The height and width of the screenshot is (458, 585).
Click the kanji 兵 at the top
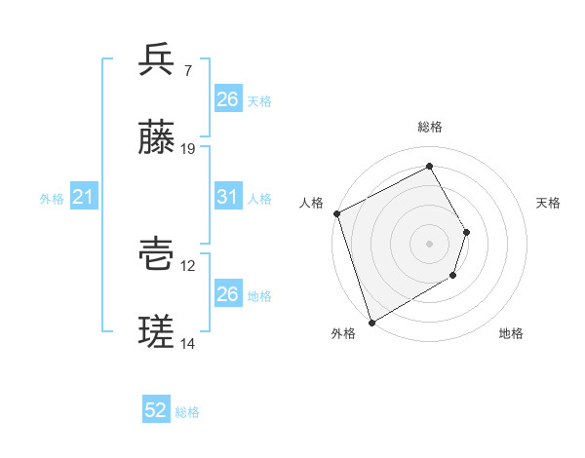[157, 59]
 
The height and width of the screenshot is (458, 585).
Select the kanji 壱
[157, 254]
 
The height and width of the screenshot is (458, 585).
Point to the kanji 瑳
[157, 332]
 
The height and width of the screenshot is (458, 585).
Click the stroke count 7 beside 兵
[187, 71]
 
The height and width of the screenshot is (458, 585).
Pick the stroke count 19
[188, 149]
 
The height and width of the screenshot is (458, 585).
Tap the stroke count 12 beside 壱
[188, 266]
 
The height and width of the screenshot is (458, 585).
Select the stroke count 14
[188, 344]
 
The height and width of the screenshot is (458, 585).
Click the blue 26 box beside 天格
[227, 99]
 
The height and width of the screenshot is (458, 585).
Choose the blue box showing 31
[227, 197]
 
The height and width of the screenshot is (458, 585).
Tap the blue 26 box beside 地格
[227, 294]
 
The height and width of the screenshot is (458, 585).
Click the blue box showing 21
[84, 197]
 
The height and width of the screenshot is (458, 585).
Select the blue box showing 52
[156, 411]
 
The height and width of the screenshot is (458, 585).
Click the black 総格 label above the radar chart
[430, 128]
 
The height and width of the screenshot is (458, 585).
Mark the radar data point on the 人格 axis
[336, 213]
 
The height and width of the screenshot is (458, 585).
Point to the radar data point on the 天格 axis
[467, 232]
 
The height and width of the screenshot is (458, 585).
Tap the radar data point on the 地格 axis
[453, 277]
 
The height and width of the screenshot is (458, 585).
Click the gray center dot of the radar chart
[429, 244]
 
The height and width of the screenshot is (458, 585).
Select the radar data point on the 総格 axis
[429, 167]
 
